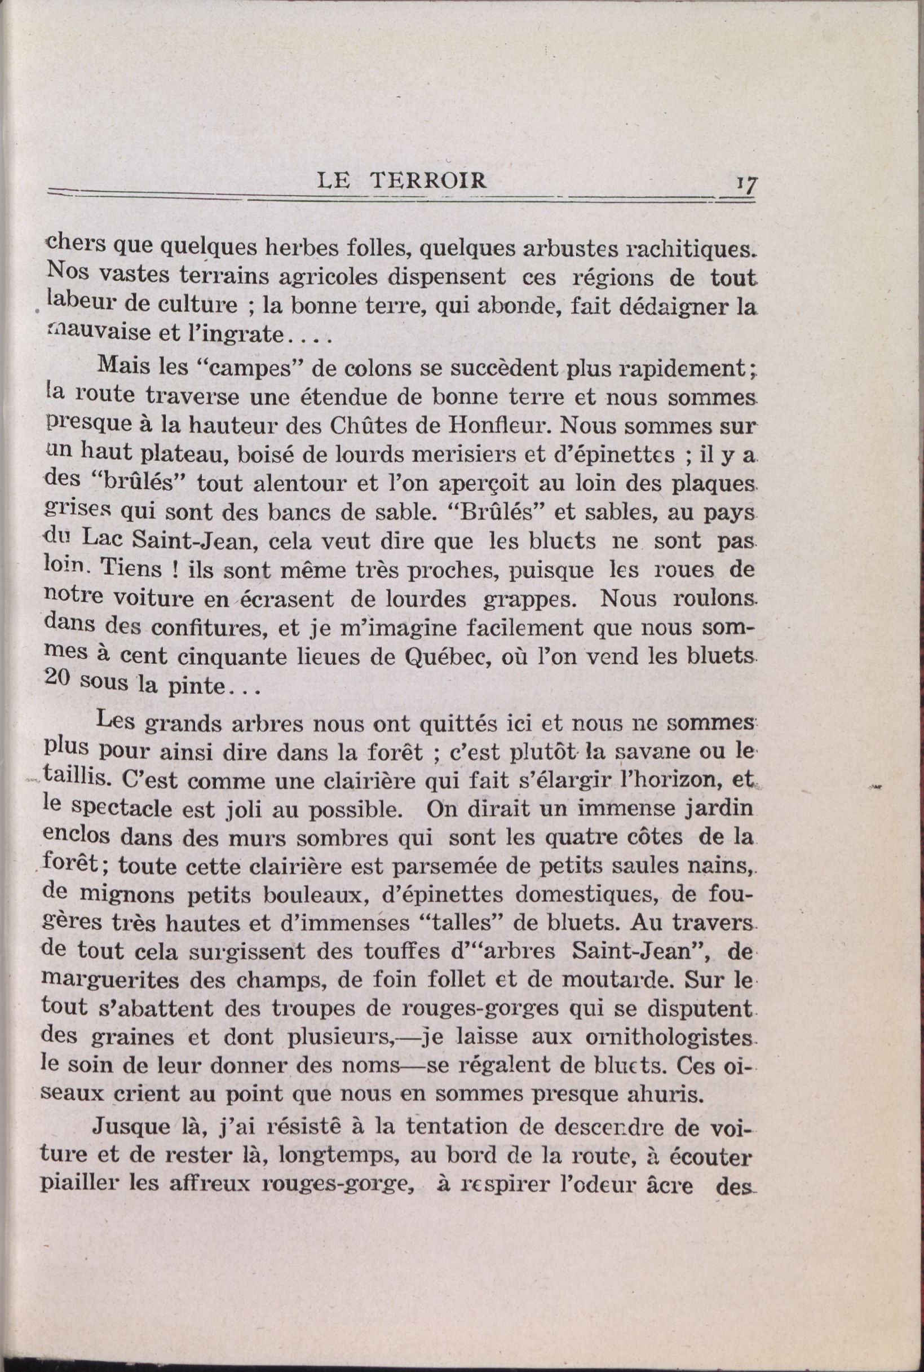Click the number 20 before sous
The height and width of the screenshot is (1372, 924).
[58, 679]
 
